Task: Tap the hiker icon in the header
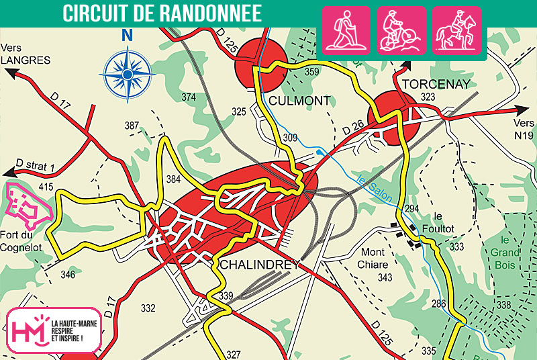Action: pyautogui.click(x=346, y=30)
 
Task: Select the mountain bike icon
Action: pyautogui.click(x=401, y=30)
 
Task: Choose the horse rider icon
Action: pyautogui.click(x=456, y=30)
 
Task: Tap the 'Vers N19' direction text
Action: pyautogui.click(x=523, y=130)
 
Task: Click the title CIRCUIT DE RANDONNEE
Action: pyautogui.click(x=162, y=13)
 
